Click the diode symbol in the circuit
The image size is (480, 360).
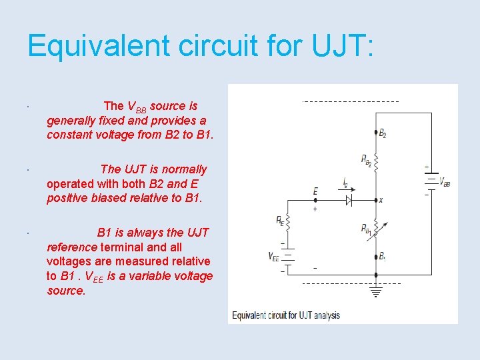pyautogui.click(x=348, y=200)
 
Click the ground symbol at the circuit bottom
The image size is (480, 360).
pyautogui.click(x=377, y=291)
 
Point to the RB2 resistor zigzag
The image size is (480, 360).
pyautogui.click(x=377, y=161)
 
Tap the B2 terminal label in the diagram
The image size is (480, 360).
pyautogui.click(x=382, y=134)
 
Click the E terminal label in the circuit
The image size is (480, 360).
pyautogui.click(x=315, y=191)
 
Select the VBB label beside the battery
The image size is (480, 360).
pyautogui.click(x=446, y=183)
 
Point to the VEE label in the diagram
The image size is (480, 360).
pyautogui.click(x=273, y=257)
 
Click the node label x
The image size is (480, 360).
pyautogui.click(x=381, y=200)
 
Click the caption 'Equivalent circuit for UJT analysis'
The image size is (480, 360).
pyautogui.click(x=286, y=315)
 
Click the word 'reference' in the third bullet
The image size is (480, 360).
pyautogui.click(x=72, y=247)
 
